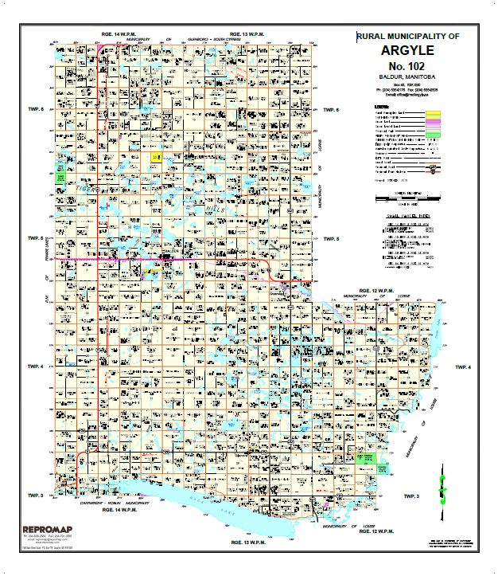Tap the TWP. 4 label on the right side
(x=463, y=366)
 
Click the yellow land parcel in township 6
(x=156, y=158)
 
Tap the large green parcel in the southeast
(x=369, y=460)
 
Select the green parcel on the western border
(x=60, y=174)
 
